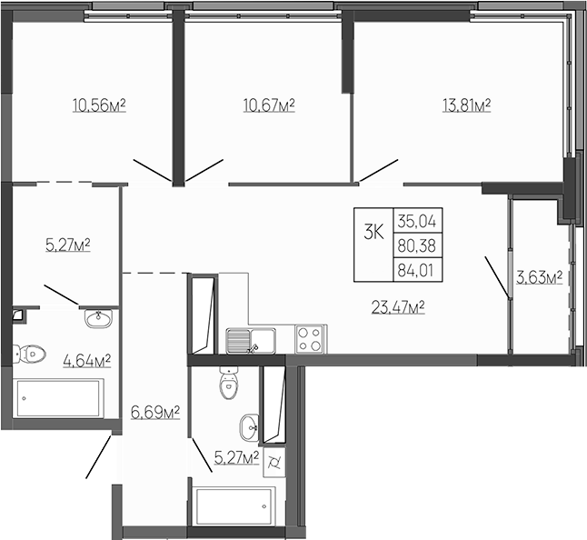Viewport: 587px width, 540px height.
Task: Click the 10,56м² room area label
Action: [x=98, y=106]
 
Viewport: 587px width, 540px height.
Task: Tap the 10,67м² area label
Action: [x=269, y=106]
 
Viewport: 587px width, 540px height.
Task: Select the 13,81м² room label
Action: [x=466, y=106]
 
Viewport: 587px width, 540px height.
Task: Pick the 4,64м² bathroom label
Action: [x=86, y=360]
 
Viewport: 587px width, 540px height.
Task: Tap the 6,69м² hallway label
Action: [x=155, y=414]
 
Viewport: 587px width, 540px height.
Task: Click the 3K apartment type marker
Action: [x=373, y=232]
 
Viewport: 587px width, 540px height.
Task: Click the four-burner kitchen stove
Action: [x=310, y=339]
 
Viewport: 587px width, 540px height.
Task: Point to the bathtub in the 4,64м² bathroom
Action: [x=60, y=397]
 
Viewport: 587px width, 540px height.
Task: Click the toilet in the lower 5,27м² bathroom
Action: [x=227, y=385]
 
